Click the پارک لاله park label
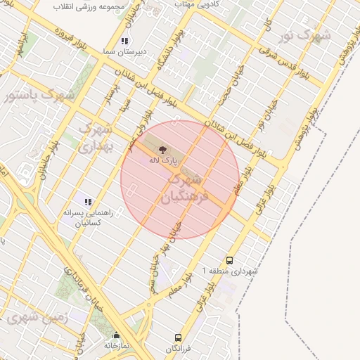click(162, 160)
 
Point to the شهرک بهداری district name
click(94, 138)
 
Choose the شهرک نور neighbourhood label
click(304, 34)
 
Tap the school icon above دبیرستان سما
click(124, 41)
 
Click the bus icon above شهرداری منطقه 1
click(229, 259)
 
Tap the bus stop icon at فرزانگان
click(178, 337)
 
